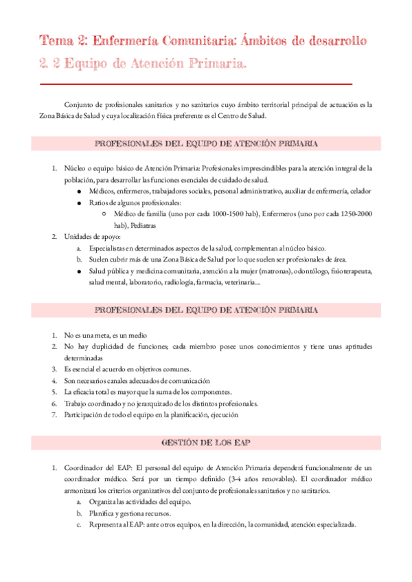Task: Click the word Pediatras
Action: click(141, 225)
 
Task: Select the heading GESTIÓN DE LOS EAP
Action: click(206, 443)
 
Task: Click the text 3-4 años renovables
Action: click(260, 479)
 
